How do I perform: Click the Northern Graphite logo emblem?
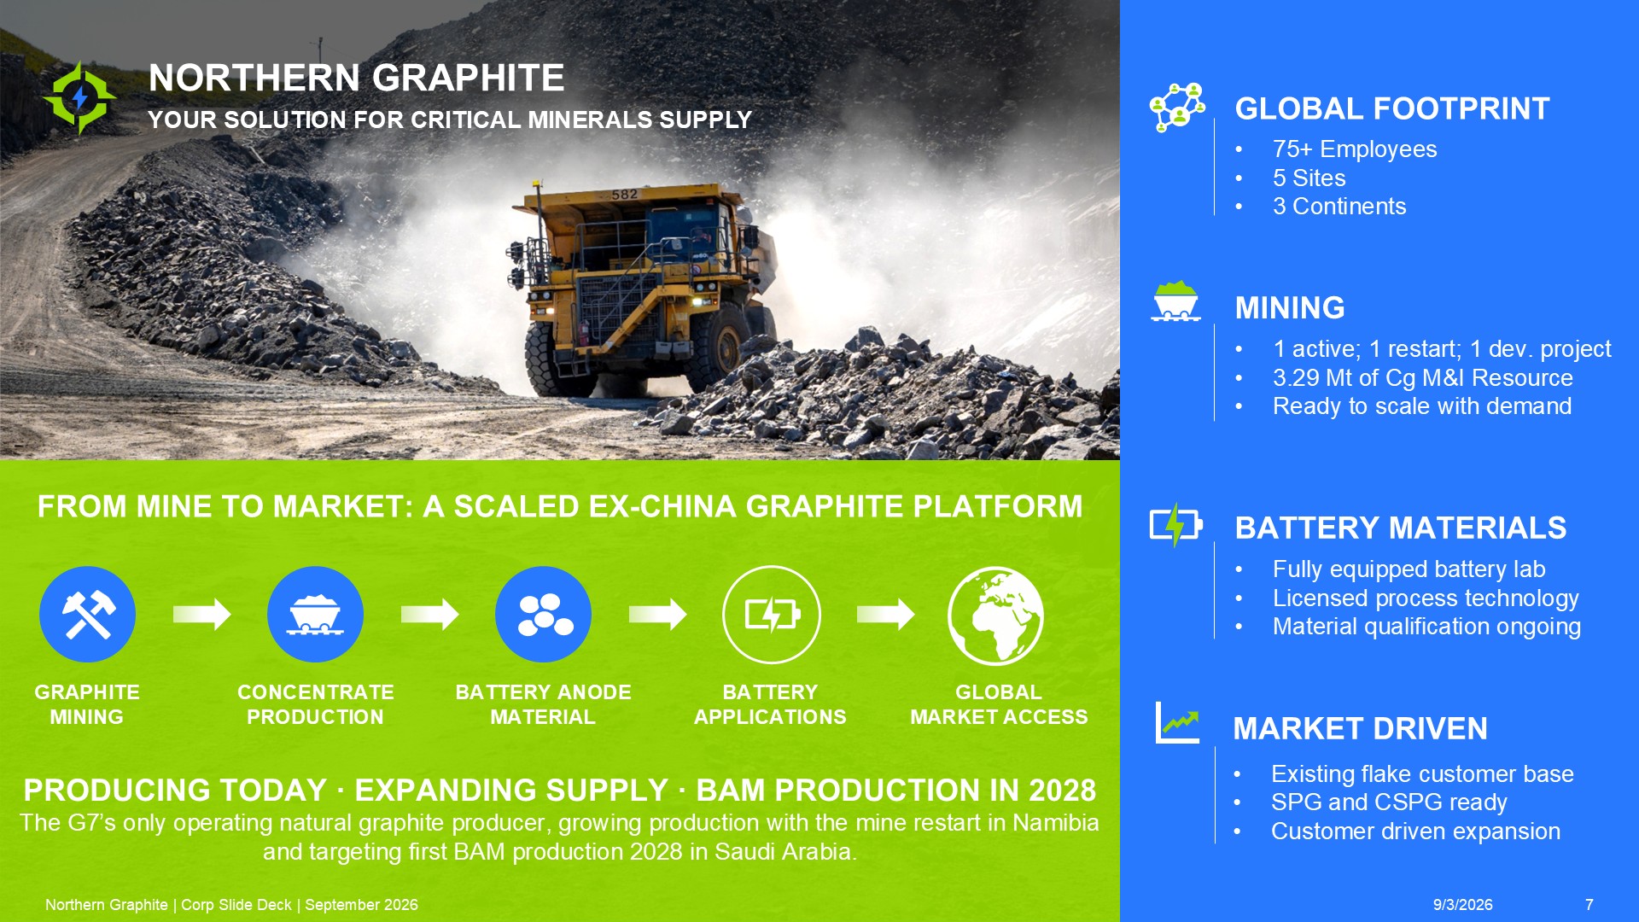pyautogui.click(x=79, y=98)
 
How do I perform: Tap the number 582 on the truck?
pyautogui.click(x=624, y=195)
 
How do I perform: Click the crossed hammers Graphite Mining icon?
pyautogui.click(x=87, y=614)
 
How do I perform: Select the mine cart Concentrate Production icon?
pyautogui.click(x=315, y=614)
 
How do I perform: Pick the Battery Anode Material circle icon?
pyautogui.click(x=543, y=614)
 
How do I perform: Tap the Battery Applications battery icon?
pyautogui.click(x=771, y=614)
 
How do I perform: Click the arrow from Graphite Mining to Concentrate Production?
pyautogui.click(x=201, y=614)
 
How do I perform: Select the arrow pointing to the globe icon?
pyautogui.click(x=885, y=614)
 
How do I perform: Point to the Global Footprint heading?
pyautogui.click(x=1391, y=108)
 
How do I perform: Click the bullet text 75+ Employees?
pyautogui.click(x=1354, y=149)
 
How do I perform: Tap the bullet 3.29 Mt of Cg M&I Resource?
pyautogui.click(x=1422, y=377)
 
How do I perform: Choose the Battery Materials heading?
pyautogui.click(x=1400, y=528)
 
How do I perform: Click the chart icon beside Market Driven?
pyautogui.click(x=1177, y=722)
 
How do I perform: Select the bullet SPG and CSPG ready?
pyautogui.click(x=1389, y=802)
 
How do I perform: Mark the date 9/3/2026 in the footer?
pyautogui.click(x=1462, y=905)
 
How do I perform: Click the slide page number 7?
pyautogui.click(x=1589, y=905)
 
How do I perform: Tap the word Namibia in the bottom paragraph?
pyautogui.click(x=1056, y=823)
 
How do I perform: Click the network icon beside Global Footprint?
pyautogui.click(x=1177, y=108)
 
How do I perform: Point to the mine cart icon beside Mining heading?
pyautogui.click(x=1176, y=301)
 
